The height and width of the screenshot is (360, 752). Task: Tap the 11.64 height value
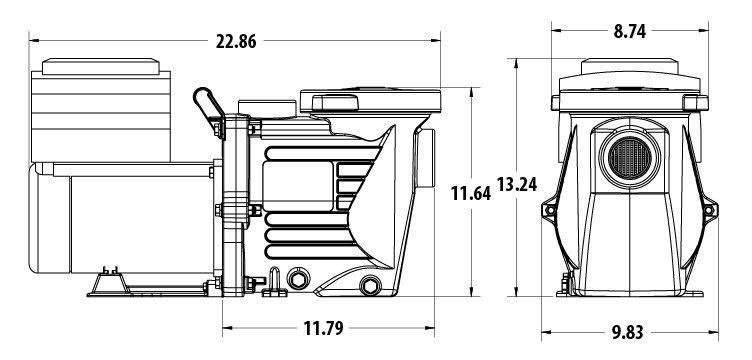[x=469, y=193]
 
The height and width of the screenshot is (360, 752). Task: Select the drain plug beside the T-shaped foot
[x=295, y=276]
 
